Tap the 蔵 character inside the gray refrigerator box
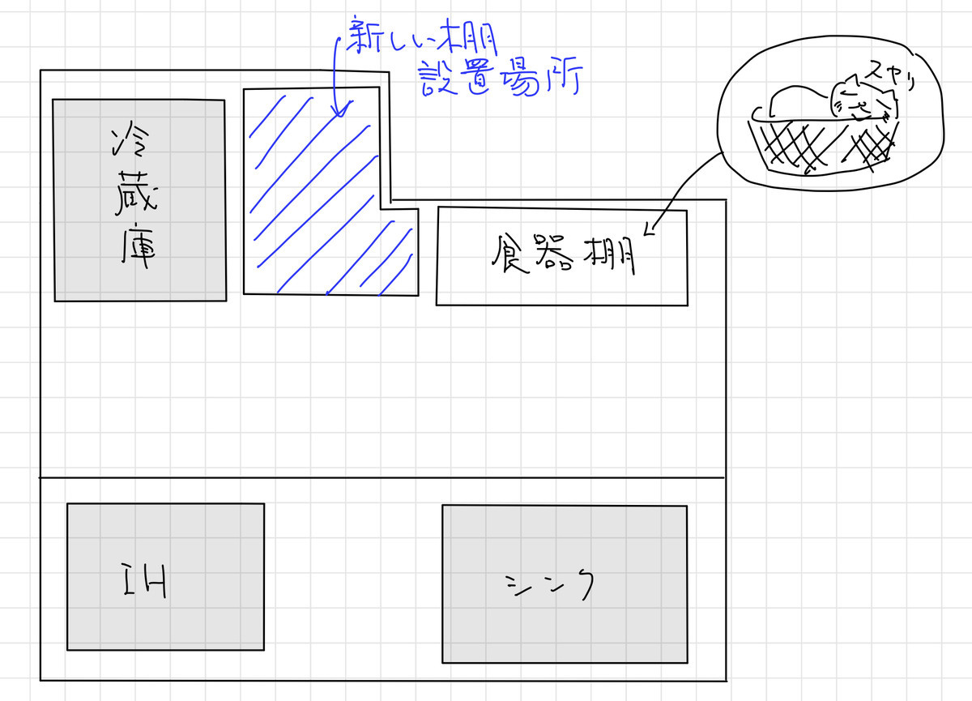point(136,193)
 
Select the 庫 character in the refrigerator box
point(138,246)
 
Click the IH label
point(145,581)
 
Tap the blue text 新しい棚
point(422,37)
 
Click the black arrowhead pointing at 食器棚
point(650,229)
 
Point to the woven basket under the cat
point(823,143)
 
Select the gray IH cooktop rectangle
point(165,577)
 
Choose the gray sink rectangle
point(565,584)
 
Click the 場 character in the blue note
point(521,78)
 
